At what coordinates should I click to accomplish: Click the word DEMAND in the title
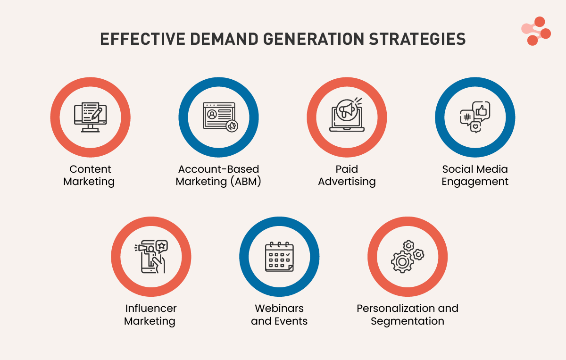pyautogui.click(x=220, y=39)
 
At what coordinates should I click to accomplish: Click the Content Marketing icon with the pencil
pyautogui.click(x=91, y=117)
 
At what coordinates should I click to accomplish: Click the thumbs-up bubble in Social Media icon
pyautogui.click(x=481, y=110)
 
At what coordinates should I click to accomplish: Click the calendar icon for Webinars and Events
pyautogui.click(x=279, y=257)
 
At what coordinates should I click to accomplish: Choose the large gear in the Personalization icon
pyautogui.click(x=402, y=261)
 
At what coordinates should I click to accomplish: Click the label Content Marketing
pyautogui.click(x=90, y=175)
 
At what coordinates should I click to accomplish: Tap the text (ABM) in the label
pyautogui.click(x=244, y=182)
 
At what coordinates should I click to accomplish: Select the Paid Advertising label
pyautogui.click(x=347, y=175)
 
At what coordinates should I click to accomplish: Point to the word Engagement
pyautogui.click(x=475, y=182)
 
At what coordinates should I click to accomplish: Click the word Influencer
pyautogui.click(x=151, y=309)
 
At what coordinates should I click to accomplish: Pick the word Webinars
pyautogui.click(x=279, y=309)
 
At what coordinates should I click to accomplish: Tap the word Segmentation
pyautogui.click(x=408, y=321)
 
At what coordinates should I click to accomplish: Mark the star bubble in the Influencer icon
pyautogui.click(x=161, y=245)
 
